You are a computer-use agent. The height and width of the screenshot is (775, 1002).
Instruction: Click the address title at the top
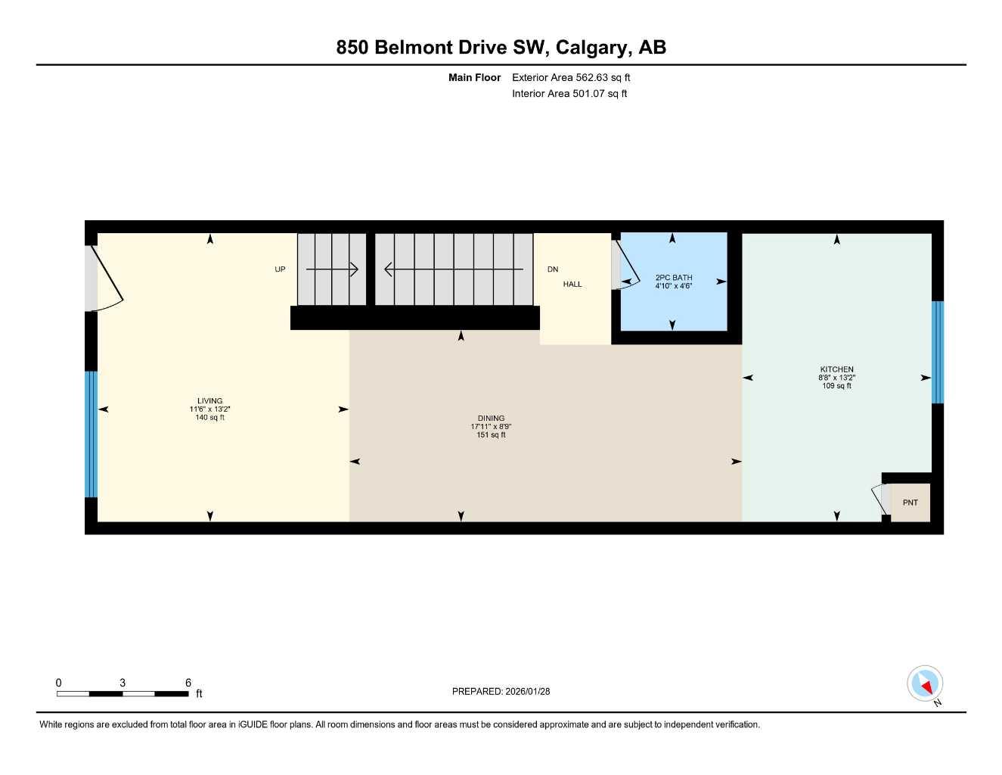[501, 48]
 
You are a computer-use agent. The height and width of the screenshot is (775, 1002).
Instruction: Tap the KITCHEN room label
[836, 369]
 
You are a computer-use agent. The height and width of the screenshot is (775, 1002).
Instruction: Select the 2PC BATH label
[674, 277]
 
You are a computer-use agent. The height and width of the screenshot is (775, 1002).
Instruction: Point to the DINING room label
[491, 418]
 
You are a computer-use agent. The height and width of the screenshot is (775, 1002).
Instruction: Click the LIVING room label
[209, 401]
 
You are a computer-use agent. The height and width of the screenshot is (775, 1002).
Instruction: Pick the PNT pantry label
[910, 503]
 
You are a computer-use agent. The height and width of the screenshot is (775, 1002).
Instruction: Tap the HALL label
[572, 284]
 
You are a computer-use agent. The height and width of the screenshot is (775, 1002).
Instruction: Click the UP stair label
[280, 269]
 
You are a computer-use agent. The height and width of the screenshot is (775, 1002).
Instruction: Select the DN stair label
[552, 269]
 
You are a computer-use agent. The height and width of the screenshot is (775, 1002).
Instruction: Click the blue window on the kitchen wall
[937, 353]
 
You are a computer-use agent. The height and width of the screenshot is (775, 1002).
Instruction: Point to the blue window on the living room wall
[92, 434]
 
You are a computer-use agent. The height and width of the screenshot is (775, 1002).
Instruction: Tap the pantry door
[880, 499]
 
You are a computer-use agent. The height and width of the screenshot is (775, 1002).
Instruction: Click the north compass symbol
[925, 683]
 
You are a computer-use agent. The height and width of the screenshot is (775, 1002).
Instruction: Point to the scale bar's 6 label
[188, 682]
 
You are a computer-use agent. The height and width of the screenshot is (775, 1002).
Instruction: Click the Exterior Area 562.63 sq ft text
[571, 77]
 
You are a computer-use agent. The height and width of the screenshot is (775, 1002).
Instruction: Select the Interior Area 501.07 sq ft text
[569, 94]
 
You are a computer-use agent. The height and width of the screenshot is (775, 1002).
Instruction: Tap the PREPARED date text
[501, 691]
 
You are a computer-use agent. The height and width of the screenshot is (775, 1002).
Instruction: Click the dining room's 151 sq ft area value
[491, 434]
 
